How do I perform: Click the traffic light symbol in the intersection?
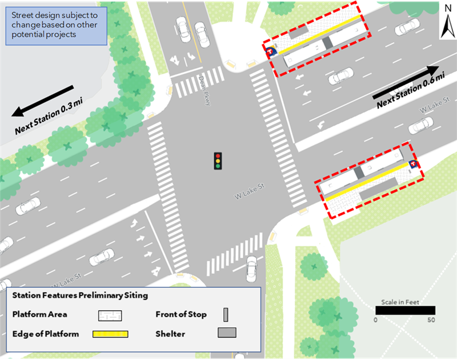point(218,161)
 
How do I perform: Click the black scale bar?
point(405,310)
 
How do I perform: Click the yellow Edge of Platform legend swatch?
point(110,334)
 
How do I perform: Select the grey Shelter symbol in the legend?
point(226,333)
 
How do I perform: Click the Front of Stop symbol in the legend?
point(226,314)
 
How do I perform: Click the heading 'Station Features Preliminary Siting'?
point(80,296)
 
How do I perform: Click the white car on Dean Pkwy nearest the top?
point(183,25)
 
